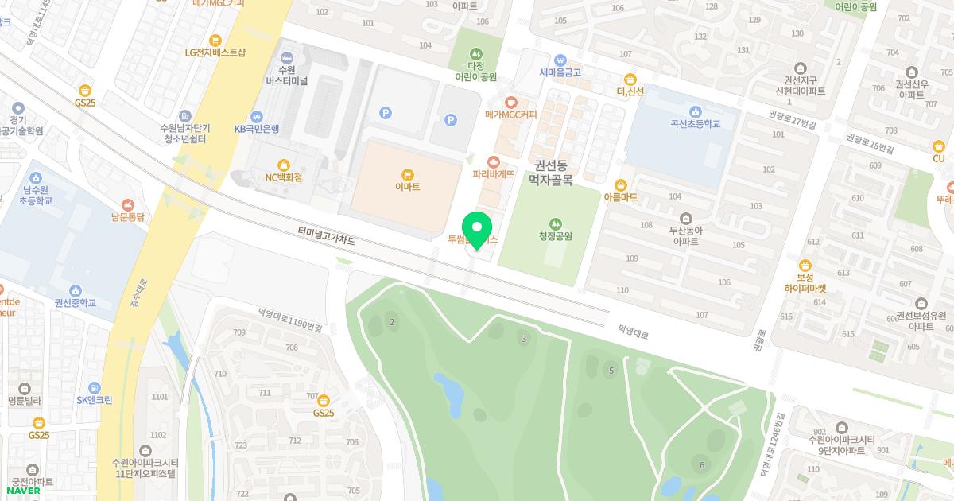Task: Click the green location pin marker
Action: pyautogui.click(x=477, y=229)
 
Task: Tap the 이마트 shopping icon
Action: pyautogui.click(x=408, y=174)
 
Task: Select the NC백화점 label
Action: pyautogui.click(x=284, y=177)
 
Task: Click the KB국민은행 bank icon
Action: pyautogui.click(x=256, y=116)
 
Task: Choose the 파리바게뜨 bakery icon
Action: pyautogui.click(x=494, y=161)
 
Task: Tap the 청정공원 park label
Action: pyautogui.click(x=555, y=236)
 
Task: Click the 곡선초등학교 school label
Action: pyautogui.click(x=696, y=124)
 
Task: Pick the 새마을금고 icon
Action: pyautogui.click(x=560, y=60)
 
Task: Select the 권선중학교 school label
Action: pyautogui.click(x=76, y=303)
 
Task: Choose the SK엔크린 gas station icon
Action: pyautogui.click(x=95, y=387)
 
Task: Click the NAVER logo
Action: pyautogui.click(x=22, y=491)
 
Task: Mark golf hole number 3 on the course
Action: pyautogui.click(x=524, y=339)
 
